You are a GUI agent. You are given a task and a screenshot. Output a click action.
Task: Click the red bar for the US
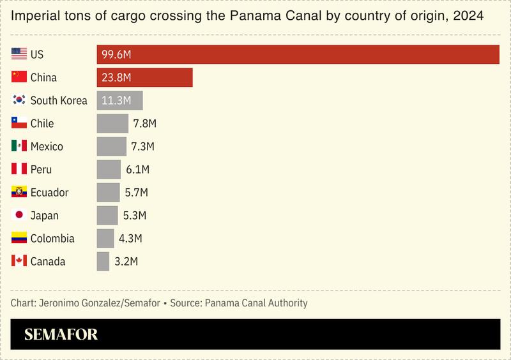point(298,54)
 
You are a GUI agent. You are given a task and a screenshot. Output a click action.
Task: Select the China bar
point(144,77)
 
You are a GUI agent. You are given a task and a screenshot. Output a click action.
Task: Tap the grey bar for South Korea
point(119,100)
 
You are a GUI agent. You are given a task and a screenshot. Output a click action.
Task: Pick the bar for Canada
point(103,261)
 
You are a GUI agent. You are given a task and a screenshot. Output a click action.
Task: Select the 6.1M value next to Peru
point(137,169)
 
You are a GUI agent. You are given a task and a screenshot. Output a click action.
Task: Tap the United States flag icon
point(19,54)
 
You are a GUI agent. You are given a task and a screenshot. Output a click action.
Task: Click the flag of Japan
point(19,215)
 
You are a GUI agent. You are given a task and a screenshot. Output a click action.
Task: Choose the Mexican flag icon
point(19,146)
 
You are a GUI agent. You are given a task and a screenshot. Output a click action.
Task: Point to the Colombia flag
point(19,238)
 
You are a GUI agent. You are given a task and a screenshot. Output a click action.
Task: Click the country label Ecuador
point(49,192)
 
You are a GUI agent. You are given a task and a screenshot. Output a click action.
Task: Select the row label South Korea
point(59,100)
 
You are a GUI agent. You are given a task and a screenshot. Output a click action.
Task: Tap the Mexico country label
point(47,146)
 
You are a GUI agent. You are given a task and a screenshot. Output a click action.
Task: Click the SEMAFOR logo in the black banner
point(61,335)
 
